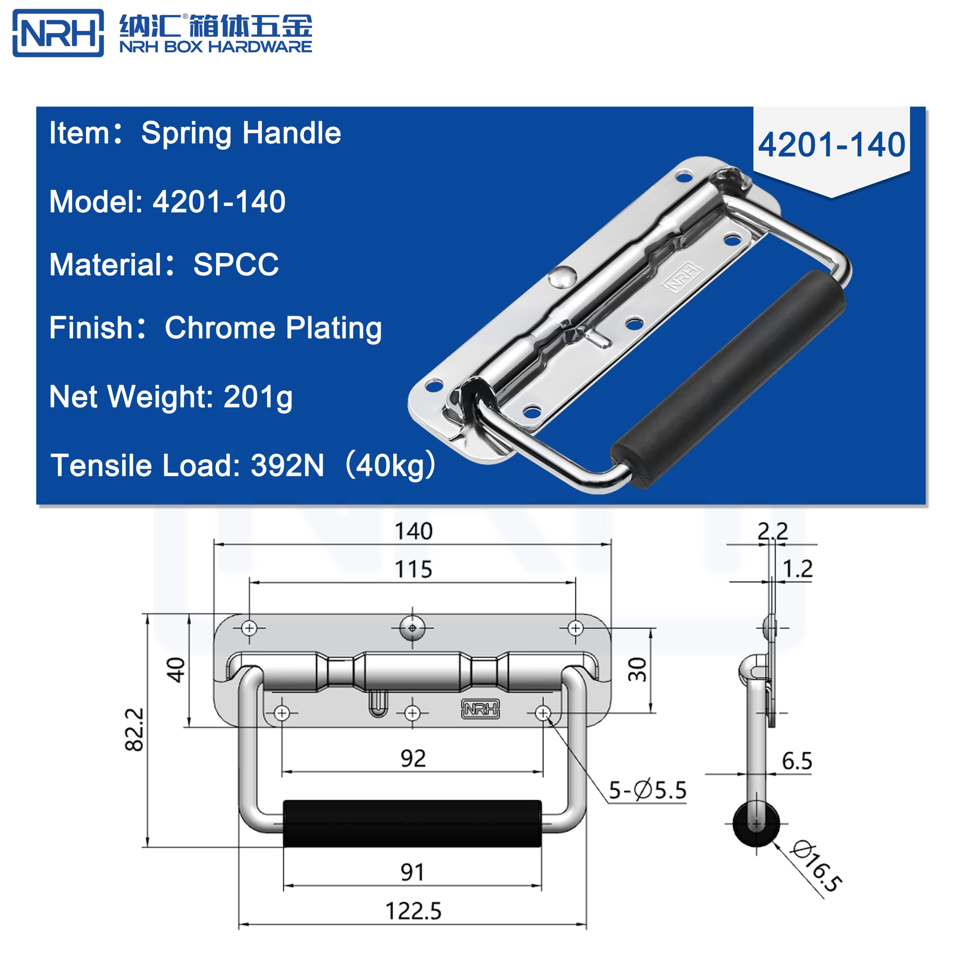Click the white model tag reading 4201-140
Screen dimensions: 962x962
click(831, 145)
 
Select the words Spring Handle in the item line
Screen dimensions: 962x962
click(241, 133)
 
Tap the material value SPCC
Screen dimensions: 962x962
click(236, 265)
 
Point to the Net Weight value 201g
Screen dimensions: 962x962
click(257, 397)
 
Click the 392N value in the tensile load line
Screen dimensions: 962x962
click(287, 466)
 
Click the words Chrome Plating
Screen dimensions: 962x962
click(273, 328)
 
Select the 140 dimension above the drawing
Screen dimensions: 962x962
click(413, 531)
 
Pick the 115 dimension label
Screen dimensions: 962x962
click(413, 569)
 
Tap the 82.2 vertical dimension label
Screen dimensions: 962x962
click(135, 729)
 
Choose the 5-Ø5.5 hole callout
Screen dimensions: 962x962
click(647, 790)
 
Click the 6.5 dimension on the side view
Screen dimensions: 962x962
click(797, 761)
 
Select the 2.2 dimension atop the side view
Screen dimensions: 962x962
click(773, 531)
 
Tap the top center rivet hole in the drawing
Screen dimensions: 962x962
click(412, 628)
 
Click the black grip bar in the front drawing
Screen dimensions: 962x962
click(412, 824)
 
